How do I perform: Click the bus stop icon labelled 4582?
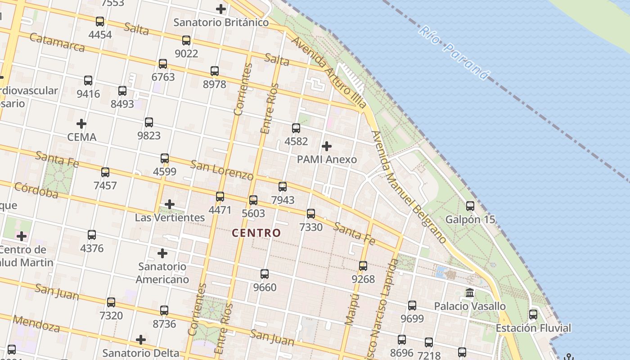click(296, 128)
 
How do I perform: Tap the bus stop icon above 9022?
click(186, 40)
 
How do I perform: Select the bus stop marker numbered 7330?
click(311, 214)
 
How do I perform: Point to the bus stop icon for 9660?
click(265, 274)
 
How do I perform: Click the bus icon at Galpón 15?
click(470, 206)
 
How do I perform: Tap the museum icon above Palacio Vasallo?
click(470, 293)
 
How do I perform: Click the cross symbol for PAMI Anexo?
click(327, 146)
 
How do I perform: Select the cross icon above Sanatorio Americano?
click(162, 253)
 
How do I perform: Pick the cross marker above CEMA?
click(81, 123)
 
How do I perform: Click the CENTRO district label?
click(256, 233)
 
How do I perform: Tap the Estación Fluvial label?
click(533, 328)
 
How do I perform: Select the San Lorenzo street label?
click(222, 170)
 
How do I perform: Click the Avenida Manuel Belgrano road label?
click(409, 187)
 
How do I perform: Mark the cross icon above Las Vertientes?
click(170, 204)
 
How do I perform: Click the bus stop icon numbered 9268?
click(363, 266)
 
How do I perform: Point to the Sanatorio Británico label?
click(221, 22)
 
